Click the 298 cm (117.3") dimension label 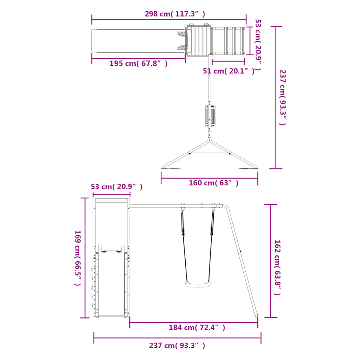(x=175, y=14)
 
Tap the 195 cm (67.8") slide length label (x=138, y=63)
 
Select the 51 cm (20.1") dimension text (x=229, y=71)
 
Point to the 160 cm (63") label (x=213, y=183)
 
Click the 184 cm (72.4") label (x=197, y=327)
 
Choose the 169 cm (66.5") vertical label (x=78, y=258)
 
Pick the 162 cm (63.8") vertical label (x=278, y=268)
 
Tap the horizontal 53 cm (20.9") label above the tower (x=117, y=187)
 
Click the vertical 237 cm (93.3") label (x=283, y=98)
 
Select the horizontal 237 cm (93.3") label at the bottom (x=177, y=346)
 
